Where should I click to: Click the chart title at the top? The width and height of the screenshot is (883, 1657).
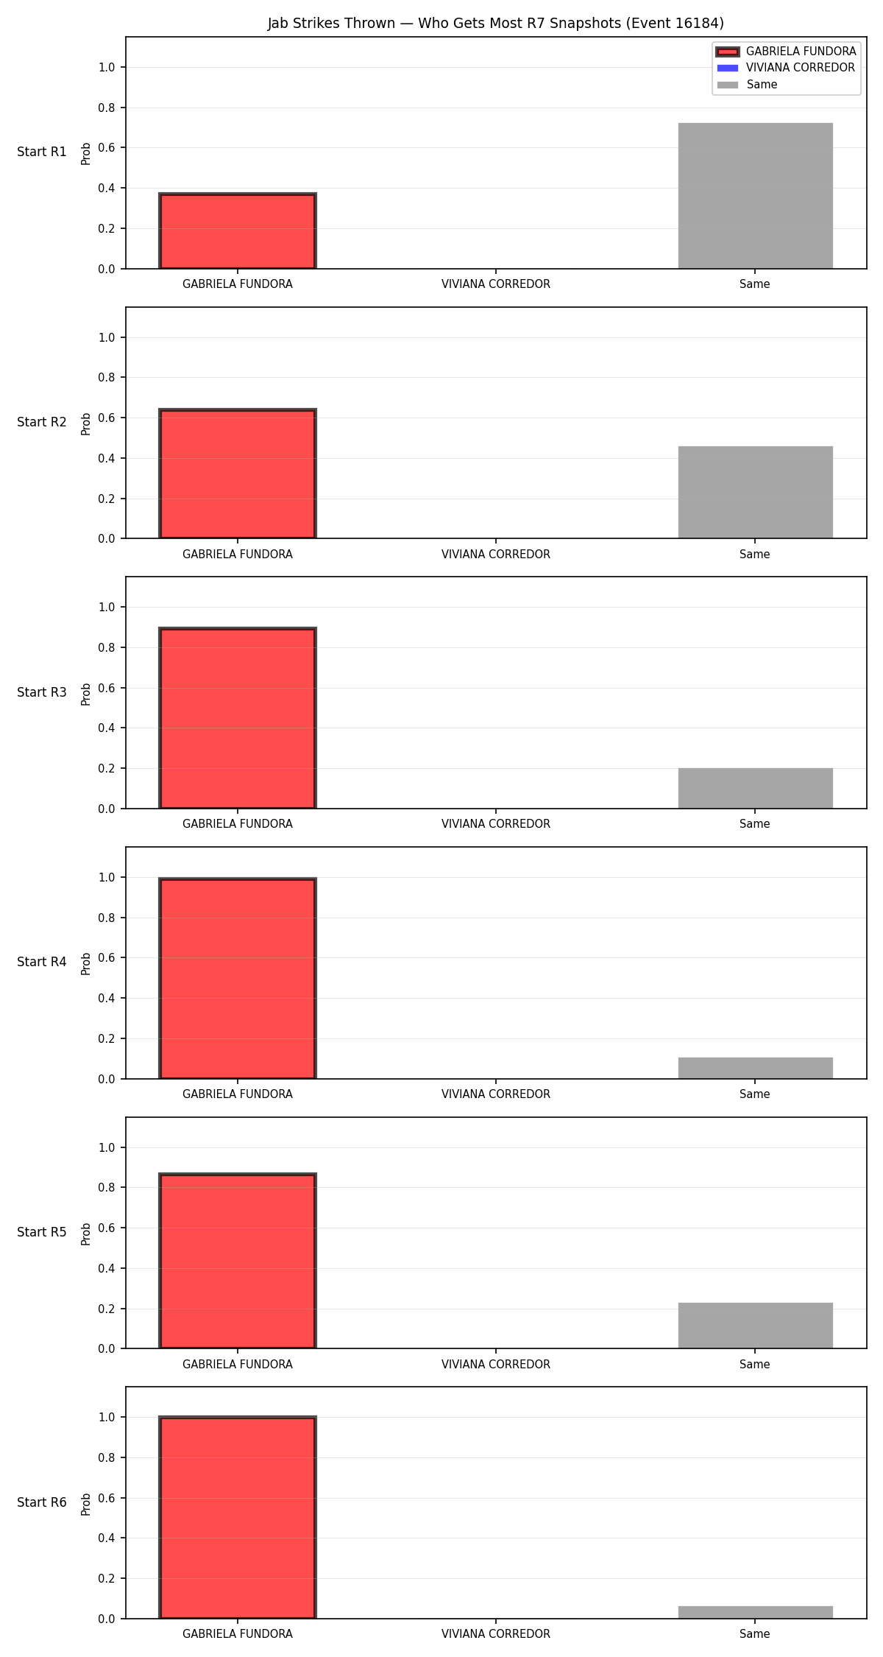click(495, 24)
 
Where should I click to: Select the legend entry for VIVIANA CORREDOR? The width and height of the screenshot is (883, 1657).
click(786, 68)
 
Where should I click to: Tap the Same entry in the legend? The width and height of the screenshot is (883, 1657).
click(747, 85)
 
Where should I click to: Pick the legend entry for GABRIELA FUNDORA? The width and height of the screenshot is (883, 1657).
click(786, 52)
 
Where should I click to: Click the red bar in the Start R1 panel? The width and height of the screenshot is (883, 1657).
click(238, 231)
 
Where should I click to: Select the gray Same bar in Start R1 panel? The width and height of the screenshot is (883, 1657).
click(755, 196)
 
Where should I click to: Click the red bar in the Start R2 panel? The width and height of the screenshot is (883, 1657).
click(238, 474)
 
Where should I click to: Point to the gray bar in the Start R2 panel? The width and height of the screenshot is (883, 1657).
click(755, 493)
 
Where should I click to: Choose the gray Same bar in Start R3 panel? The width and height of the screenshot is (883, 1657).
click(755, 789)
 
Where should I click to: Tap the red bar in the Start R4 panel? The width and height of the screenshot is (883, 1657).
click(238, 979)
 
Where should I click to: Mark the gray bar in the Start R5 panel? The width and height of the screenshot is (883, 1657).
click(755, 1326)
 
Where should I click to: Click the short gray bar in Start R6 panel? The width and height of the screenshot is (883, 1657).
click(755, 1612)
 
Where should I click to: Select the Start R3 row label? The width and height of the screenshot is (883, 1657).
click(42, 692)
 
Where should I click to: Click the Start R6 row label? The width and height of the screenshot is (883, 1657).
click(42, 1502)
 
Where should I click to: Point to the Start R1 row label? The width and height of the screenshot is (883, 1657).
click(42, 152)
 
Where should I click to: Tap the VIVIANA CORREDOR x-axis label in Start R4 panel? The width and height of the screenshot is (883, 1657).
click(496, 1094)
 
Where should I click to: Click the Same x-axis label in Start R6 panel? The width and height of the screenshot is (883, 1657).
click(755, 1634)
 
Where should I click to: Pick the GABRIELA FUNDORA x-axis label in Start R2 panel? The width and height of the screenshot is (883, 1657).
click(238, 555)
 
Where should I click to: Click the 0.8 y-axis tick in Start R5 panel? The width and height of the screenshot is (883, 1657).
click(107, 1188)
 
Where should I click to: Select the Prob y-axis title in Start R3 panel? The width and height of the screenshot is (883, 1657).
click(86, 694)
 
